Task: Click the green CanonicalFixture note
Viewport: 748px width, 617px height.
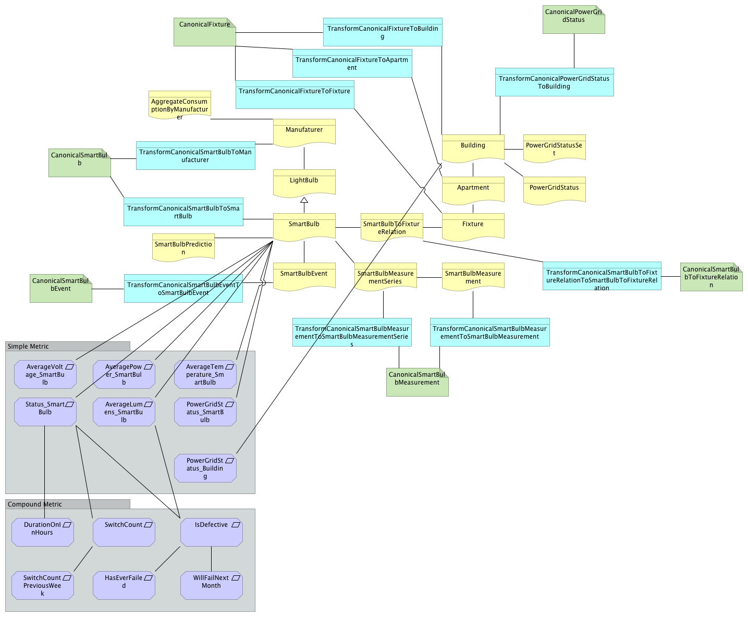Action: click(x=204, y=32)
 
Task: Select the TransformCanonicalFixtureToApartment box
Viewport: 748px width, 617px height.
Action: click(x=352, y=63)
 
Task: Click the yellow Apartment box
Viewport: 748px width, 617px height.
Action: click(x=473, y=190)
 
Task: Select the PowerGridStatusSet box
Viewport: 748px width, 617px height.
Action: click(x=554, y=148)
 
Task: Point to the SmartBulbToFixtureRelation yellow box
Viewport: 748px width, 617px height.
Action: click(x=391, y=227)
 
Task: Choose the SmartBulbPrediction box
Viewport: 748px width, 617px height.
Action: click(x=183, y=246)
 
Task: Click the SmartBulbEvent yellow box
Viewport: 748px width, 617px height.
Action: click(x=304, y=276)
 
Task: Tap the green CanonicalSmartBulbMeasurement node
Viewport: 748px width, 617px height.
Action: click(x=417, y=382)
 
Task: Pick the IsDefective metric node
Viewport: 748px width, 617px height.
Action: click(x=211, y=532)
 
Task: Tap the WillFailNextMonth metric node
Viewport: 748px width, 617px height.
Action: click(x=211, y=585)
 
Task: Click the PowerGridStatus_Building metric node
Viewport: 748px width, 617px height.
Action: click(x=205, y=468)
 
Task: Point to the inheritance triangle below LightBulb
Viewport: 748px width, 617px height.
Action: click(x=304, y=200)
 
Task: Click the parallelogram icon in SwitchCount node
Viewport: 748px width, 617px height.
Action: click(x=148, y=525)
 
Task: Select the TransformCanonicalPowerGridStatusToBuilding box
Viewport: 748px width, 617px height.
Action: click(x=554, y=82)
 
